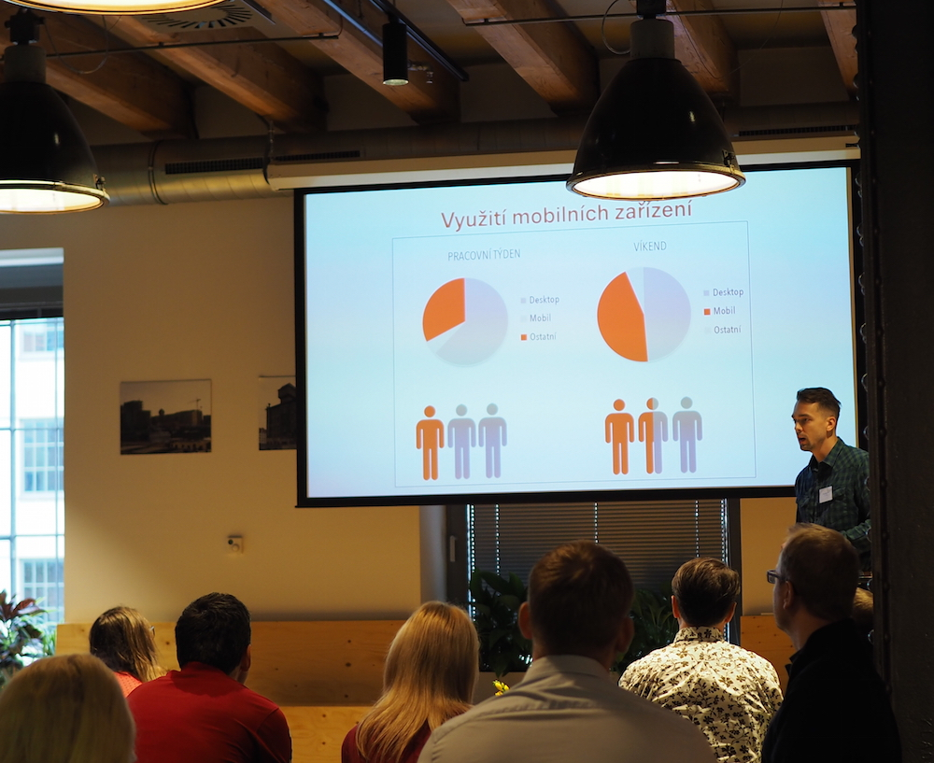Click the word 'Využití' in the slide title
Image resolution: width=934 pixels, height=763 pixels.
tap(474, 218)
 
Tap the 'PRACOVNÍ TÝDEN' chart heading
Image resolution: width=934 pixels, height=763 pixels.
tap(484, 254)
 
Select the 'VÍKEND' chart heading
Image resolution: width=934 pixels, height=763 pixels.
tap(650, 246)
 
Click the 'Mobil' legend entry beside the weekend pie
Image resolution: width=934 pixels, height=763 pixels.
tap(719, 311)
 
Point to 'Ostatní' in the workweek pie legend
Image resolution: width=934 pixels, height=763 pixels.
tap(538, 336)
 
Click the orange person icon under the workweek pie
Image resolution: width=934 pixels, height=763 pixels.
tap(430, 443)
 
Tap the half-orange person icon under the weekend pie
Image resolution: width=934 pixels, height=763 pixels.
tap(653, 435)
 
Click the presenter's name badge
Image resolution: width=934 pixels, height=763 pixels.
tap(825, 494)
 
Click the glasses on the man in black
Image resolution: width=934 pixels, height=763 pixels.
tap(774, 576)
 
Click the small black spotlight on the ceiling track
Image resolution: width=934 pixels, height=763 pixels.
tap(395, 53)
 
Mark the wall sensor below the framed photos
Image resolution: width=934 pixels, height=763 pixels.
tap(234, 544)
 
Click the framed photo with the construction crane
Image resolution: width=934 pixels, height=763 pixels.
tap(165, 417)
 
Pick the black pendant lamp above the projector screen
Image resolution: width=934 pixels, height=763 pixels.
tap(655, 120)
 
